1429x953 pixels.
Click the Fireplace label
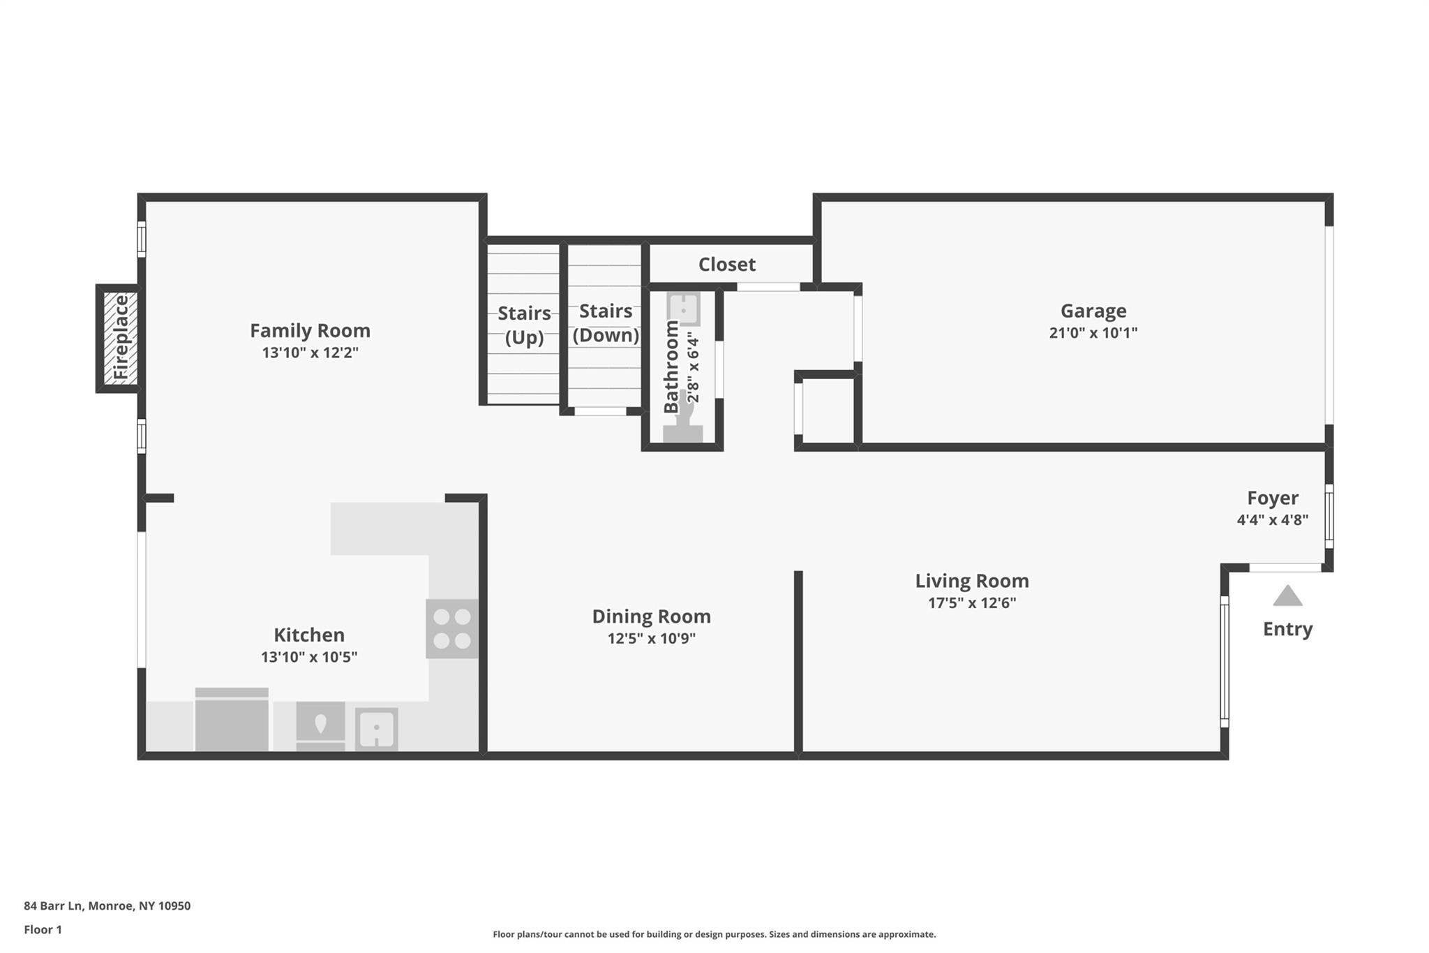point(121,337)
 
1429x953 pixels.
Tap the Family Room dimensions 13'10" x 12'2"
point(311,353)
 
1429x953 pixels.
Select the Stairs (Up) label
point(524,325)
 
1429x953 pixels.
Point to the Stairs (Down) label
point(606,323)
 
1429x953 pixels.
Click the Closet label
point(727,265)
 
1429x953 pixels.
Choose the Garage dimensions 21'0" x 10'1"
point(1093,333)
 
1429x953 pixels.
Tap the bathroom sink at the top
point(684,309)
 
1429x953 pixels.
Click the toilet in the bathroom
point(683,417)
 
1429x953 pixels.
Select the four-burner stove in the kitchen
point(452,628)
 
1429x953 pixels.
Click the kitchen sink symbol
point(377,730)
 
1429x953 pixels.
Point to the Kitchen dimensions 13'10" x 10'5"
point(309,657)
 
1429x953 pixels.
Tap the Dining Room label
point(652,616)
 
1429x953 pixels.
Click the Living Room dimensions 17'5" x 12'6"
point(972,603)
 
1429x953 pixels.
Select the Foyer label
point(1273,498)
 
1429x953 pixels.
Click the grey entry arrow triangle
point(1287,596)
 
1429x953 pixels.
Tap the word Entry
point(1288,630)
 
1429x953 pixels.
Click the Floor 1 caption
point(43,929)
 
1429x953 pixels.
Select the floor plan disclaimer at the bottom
point(714,934)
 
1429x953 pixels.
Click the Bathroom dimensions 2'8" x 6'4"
point(693,367)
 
